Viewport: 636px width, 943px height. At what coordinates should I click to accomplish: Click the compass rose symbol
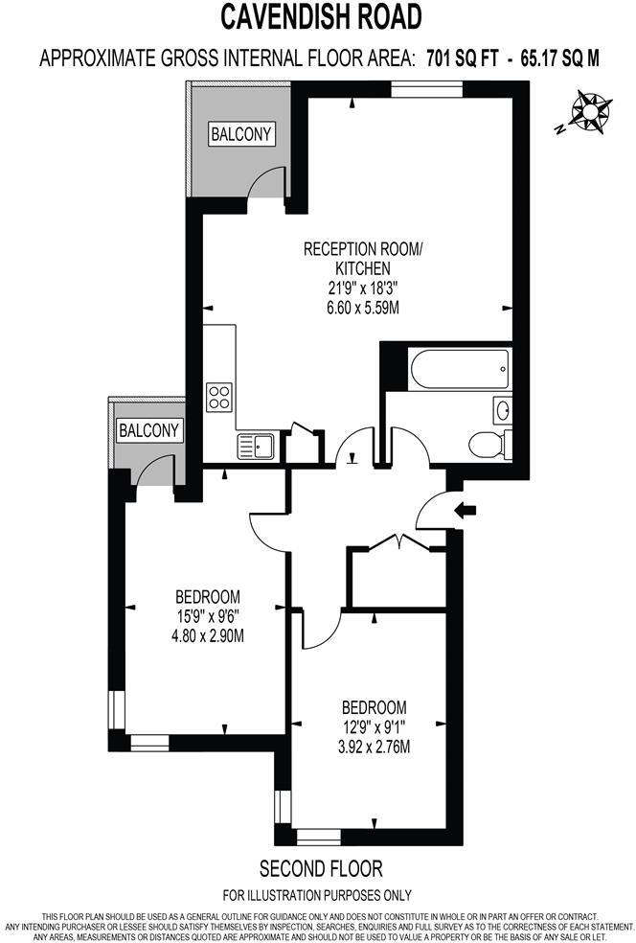click(x=589, y=112)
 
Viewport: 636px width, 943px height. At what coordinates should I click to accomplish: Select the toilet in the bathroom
click(x=488, y=442)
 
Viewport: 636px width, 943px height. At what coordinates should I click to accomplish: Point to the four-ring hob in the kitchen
click(x=219, y=396)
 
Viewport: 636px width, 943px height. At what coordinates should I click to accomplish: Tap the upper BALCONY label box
click(x=242, y=134)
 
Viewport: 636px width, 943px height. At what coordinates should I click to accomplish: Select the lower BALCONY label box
click(x=149, y=431)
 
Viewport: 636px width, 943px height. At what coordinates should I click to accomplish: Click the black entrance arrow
click(x=466, y=510)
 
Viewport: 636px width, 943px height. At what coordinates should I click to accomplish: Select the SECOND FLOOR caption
click(x=321, y=869)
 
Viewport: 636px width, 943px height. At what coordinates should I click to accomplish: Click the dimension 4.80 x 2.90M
click(x=207, y=634)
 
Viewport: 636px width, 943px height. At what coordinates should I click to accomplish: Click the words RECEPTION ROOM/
click(x=362, y=249)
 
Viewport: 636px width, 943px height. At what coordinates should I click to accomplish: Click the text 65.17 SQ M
click(x=560, y=57)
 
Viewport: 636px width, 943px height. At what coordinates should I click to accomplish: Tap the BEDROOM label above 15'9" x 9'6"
click(x=208, y=595)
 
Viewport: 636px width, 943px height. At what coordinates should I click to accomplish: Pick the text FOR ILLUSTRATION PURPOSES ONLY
click(x=317, y=895)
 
